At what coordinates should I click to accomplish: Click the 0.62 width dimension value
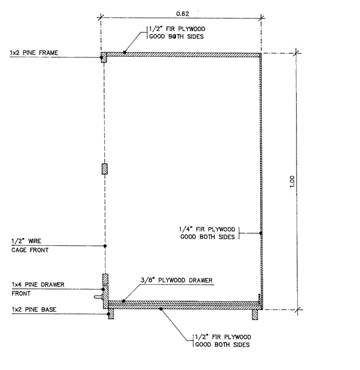182,13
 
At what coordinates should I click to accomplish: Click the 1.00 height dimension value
292,181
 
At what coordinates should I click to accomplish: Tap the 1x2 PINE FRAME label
34,52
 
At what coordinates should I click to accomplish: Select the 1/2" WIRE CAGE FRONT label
30,245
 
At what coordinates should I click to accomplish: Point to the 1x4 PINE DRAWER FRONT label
38,289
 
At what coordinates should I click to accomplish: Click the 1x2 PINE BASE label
34,309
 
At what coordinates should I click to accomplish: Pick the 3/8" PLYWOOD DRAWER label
177,280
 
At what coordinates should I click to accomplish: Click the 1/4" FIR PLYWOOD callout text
207,233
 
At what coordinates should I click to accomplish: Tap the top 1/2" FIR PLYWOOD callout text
177,33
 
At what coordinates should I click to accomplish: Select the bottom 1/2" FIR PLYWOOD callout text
223,341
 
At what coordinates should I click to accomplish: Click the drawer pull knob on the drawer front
99,297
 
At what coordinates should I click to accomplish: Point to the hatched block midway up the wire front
104,169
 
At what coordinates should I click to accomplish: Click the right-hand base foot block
255,315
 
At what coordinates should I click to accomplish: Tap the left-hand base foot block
111,314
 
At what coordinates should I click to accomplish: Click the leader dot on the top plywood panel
124,52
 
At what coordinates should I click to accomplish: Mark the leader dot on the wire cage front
105,246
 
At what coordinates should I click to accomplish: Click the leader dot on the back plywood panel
261,233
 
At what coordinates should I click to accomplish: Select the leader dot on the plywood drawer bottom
123,301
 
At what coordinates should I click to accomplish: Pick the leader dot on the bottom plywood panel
161,309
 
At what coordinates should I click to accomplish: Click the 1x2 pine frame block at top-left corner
104,57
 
